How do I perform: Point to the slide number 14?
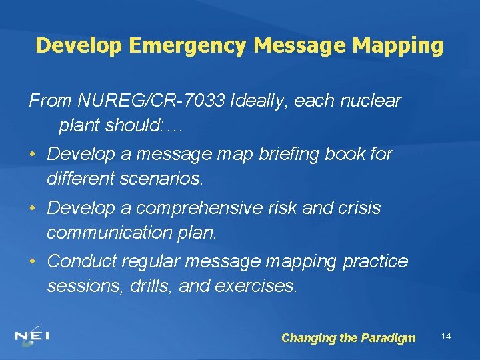[446, 336]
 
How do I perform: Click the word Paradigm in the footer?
[388, 338]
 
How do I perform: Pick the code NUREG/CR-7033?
[152, 101]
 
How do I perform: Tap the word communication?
[111, 233]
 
